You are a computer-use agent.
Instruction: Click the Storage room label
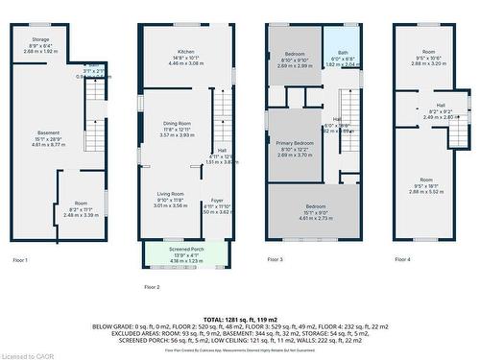coord(39,39)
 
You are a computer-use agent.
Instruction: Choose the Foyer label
coord(217,200)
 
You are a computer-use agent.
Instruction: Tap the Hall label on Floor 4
coord(441,106)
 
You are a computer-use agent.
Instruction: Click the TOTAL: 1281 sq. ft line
coord(240,318)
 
